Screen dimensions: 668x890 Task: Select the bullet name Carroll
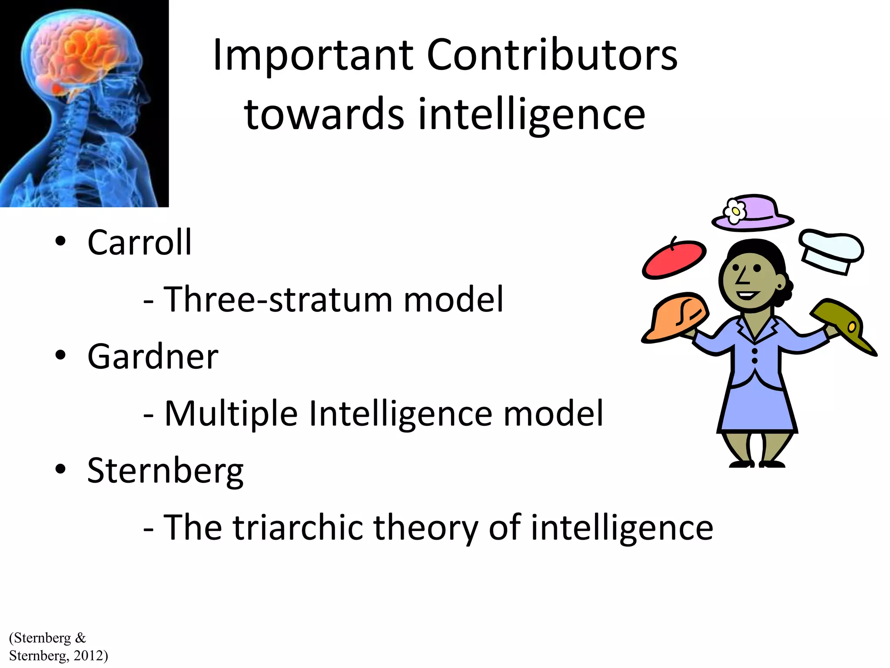(x=139, y=243)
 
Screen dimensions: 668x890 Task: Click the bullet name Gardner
(x=153, y=357)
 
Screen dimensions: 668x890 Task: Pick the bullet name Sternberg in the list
(x=165, y=471)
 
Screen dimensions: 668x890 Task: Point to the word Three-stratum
(x=278, y=299)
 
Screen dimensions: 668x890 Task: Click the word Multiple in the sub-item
(x=231, y=413)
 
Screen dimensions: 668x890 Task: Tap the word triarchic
(x=298, y=527)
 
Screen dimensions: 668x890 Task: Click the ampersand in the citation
(x=80, y=638)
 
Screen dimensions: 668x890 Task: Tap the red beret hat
(x=674, y=260)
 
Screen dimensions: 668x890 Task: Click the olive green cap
(x=841, y=323)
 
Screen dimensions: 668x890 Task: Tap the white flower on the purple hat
(x=735, y=211)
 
